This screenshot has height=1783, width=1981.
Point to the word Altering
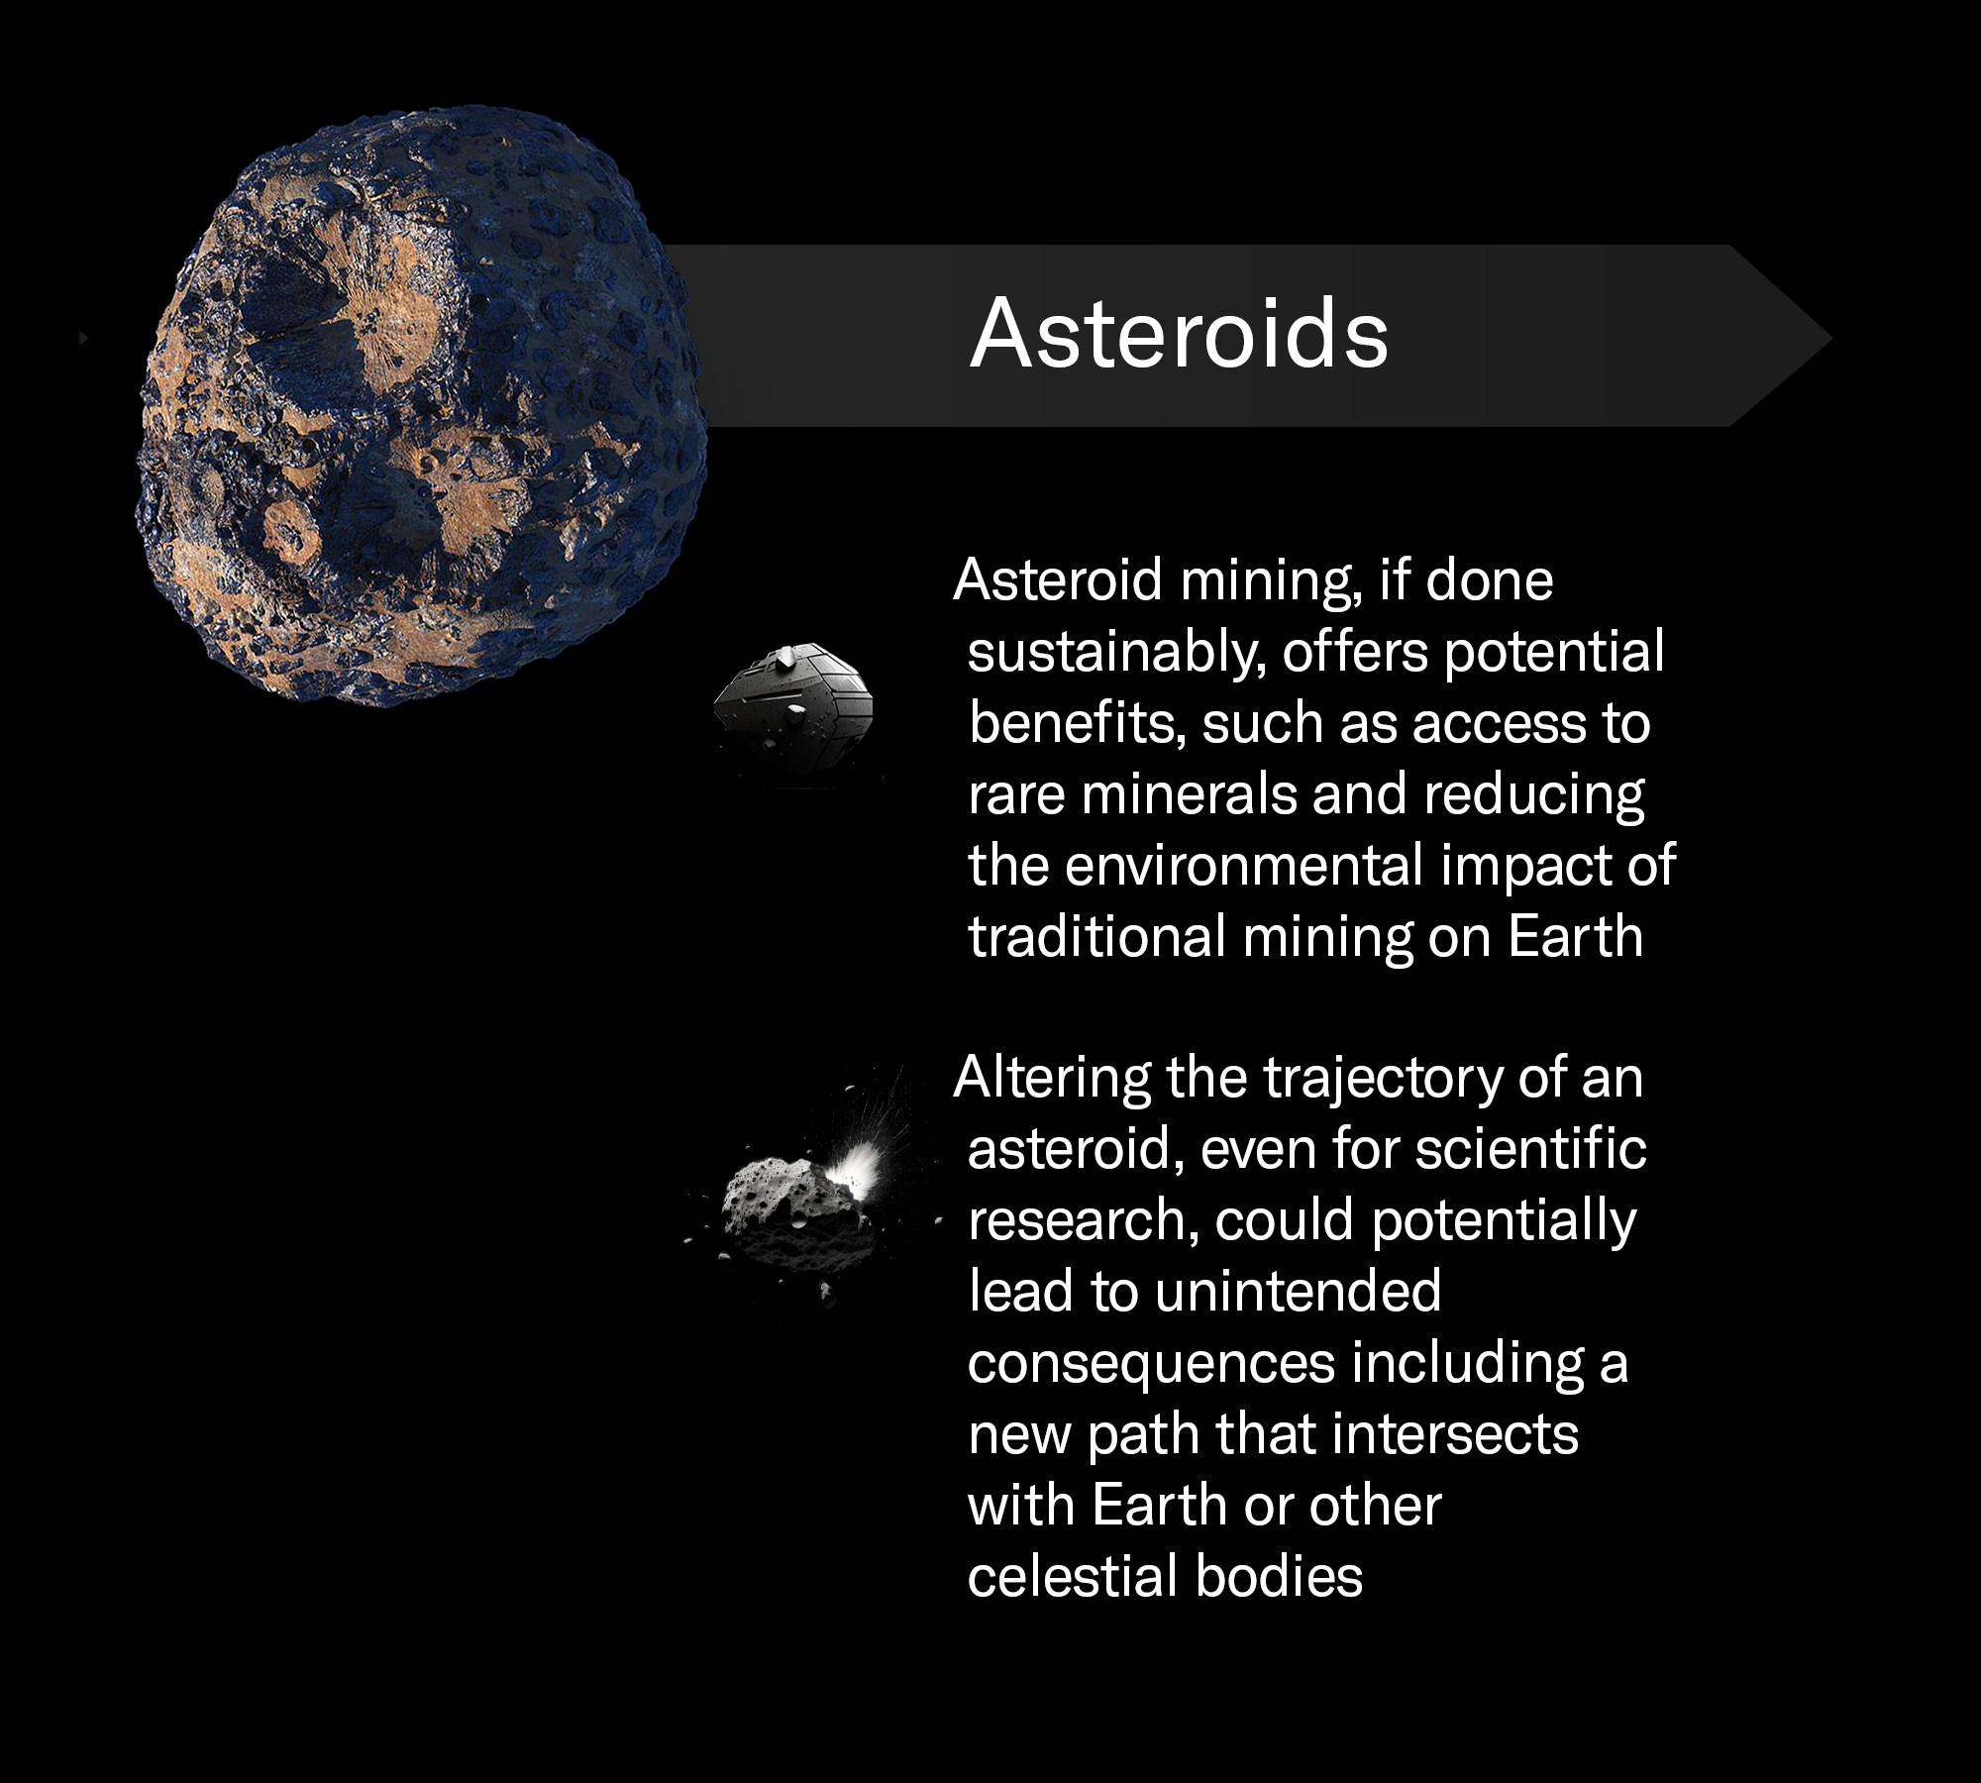[x=1051, y=1079]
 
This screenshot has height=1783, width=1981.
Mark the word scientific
[x=1530, y=1150]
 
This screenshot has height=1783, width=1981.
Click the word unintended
[x=1298, y=1293]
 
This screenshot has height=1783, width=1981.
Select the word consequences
[x=1151, y=1364]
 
